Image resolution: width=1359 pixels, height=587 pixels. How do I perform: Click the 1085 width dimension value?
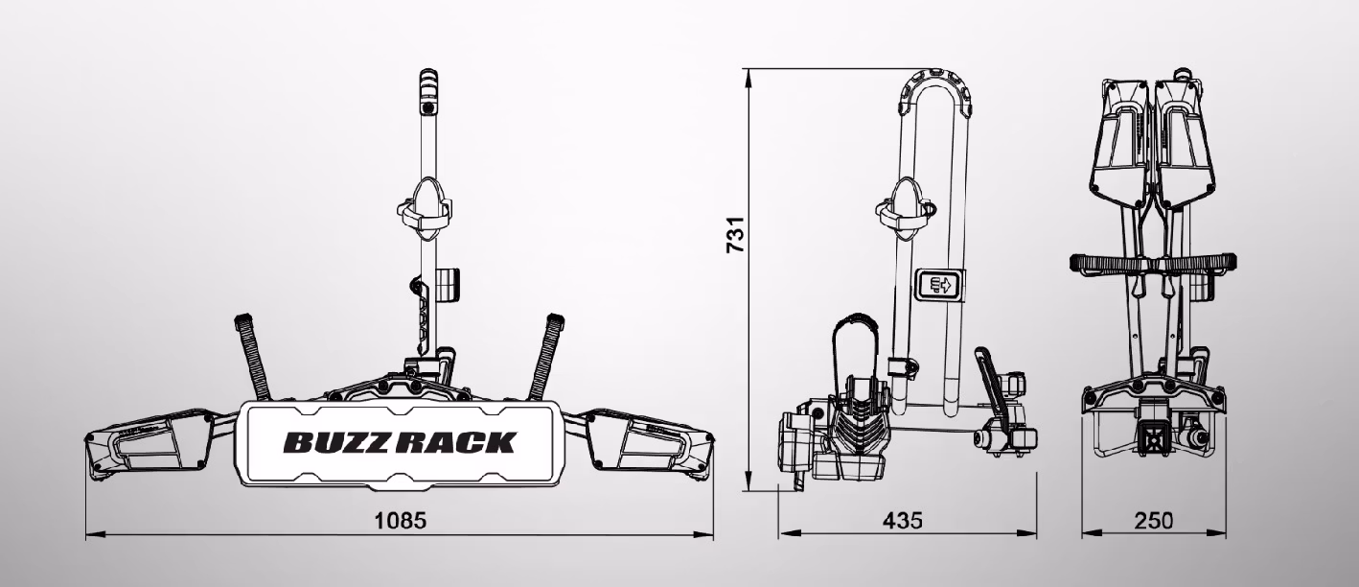coord(401,520)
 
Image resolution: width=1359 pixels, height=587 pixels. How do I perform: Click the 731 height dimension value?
coord(735,234)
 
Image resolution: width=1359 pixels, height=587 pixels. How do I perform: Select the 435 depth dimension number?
coord(902,520)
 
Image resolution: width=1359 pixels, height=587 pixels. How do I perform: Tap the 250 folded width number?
coord(1153,520)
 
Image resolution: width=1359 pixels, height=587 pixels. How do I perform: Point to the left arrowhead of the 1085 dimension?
coord(95,535)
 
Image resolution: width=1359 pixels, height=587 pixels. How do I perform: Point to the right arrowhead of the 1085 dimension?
coord(704,535)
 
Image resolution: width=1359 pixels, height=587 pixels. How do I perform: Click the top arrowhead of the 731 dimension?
coord(749,78)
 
